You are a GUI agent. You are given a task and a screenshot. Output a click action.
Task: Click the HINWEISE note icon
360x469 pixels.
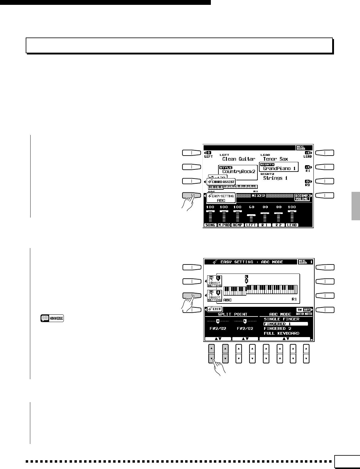tap(52, 319)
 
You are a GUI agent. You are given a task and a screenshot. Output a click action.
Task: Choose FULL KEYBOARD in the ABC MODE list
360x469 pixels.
tap(281, 333)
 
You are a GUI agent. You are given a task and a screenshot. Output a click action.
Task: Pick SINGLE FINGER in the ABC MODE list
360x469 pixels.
tap(281, 319)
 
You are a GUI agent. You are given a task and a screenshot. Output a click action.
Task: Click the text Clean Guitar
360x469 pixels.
tap(239, 159)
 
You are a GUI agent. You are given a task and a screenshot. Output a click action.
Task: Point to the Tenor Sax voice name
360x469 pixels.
tap(275, 159)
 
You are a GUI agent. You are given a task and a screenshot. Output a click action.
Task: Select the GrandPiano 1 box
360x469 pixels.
tap(279, 167)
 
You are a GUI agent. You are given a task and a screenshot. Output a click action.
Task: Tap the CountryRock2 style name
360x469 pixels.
tap(238, 172)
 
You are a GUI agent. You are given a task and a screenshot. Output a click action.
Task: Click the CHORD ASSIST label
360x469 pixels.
tap(221, 182)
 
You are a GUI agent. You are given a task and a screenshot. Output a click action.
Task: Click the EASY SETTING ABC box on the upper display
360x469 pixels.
tap(221, 198)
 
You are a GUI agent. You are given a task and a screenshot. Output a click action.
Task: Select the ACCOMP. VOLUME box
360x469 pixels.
tap(302, 197)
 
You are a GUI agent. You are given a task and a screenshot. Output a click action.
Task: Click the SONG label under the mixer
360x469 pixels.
tap(210, 225)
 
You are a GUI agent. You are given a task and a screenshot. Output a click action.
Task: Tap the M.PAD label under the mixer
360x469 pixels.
tap(224, 225)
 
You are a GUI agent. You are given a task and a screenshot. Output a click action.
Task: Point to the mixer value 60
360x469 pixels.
tap(251, 207)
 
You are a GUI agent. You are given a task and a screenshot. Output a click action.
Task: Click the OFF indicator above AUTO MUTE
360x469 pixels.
tap(307, 310)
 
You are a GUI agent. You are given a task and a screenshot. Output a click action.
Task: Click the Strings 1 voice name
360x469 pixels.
tap(275, 178)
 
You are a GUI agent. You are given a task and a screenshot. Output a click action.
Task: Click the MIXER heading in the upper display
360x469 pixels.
tap(258, 196)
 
